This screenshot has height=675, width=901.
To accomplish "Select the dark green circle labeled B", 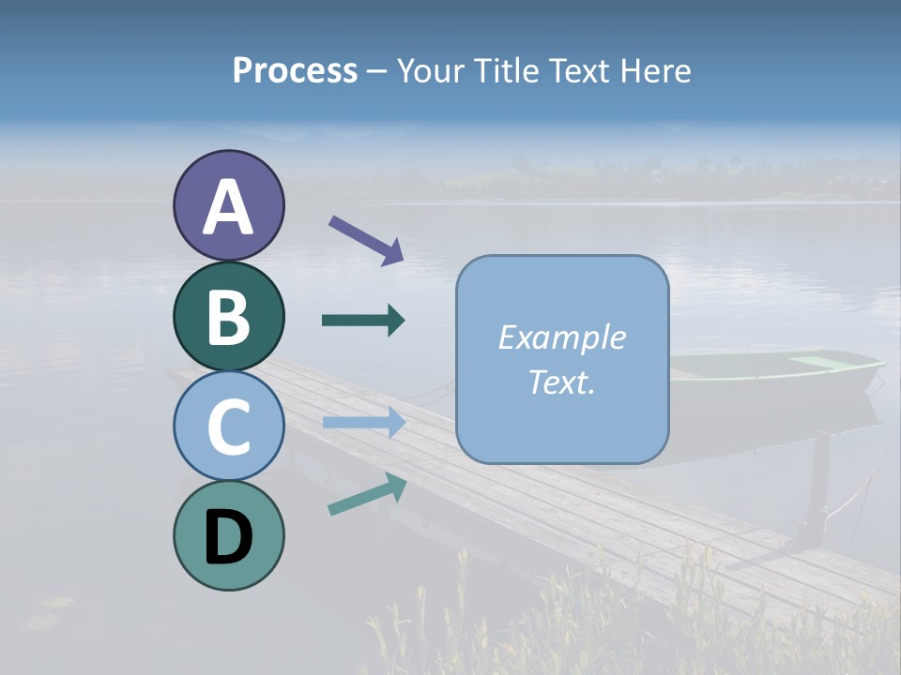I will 228,316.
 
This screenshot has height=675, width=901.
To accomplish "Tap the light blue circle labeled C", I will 228,426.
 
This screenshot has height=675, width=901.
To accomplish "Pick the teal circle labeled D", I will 228,535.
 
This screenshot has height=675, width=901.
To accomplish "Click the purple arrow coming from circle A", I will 366,239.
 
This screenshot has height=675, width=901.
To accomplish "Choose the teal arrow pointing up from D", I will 367,494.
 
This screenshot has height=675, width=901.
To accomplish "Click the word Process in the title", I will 295,70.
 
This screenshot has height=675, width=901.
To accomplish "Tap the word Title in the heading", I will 505,70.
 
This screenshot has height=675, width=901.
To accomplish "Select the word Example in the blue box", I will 561,337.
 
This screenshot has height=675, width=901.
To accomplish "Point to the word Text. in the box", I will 561,382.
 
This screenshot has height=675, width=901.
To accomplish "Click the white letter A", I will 228,207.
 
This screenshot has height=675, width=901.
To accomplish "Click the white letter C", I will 228,427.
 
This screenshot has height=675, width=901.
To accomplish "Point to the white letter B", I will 228,317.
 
